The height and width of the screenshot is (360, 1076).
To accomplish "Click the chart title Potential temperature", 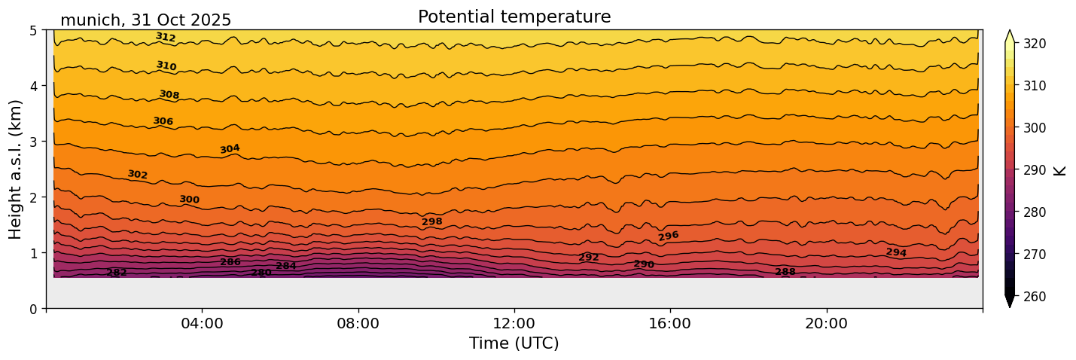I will (514, 17).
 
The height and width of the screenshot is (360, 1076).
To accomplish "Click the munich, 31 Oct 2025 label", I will (145, 20).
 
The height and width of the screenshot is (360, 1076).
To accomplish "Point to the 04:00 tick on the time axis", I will (203, 324).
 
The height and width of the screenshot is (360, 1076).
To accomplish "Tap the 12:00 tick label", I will (514, 324).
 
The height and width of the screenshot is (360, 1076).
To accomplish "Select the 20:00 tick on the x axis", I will (827, 324).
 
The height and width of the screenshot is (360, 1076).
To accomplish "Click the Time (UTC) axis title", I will (514, 343).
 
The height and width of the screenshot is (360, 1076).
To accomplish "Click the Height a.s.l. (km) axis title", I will (16, 169).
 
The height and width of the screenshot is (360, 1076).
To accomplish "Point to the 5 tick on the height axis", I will (34, 30).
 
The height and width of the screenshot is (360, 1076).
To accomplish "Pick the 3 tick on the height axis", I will (34, 142).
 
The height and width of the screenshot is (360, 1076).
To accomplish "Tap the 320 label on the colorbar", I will (1034, 44).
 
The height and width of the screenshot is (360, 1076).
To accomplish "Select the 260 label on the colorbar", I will (1034, 297).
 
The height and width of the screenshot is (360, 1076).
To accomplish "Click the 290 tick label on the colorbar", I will (1034, 170).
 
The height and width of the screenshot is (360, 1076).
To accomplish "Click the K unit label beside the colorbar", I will (1060, 170).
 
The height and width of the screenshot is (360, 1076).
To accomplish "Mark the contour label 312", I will (166, 37).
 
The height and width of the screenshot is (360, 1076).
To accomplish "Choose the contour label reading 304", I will (230, 149).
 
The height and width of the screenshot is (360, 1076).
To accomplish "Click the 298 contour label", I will (432, 222).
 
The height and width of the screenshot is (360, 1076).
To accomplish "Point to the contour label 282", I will (117, 273).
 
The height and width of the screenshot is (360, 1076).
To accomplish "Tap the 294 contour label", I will (896, 252).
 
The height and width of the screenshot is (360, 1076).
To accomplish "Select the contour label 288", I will (785, 272).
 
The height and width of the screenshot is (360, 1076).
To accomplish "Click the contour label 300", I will (190, 200).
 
